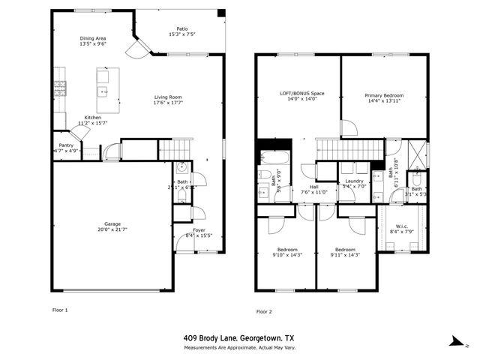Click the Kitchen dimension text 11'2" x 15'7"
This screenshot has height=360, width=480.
point(92,124)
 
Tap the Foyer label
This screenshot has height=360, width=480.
point(199,230)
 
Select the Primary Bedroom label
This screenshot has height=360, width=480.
point(384,95)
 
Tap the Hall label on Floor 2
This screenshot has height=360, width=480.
point(314,187)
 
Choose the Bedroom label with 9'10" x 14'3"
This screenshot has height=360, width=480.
point(287,250)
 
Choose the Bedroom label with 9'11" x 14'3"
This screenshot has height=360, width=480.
point(345,250)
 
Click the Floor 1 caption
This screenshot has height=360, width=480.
point(59,309)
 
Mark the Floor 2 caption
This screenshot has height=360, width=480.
point(264,311)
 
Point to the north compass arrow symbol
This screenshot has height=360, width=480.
point(455,340)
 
